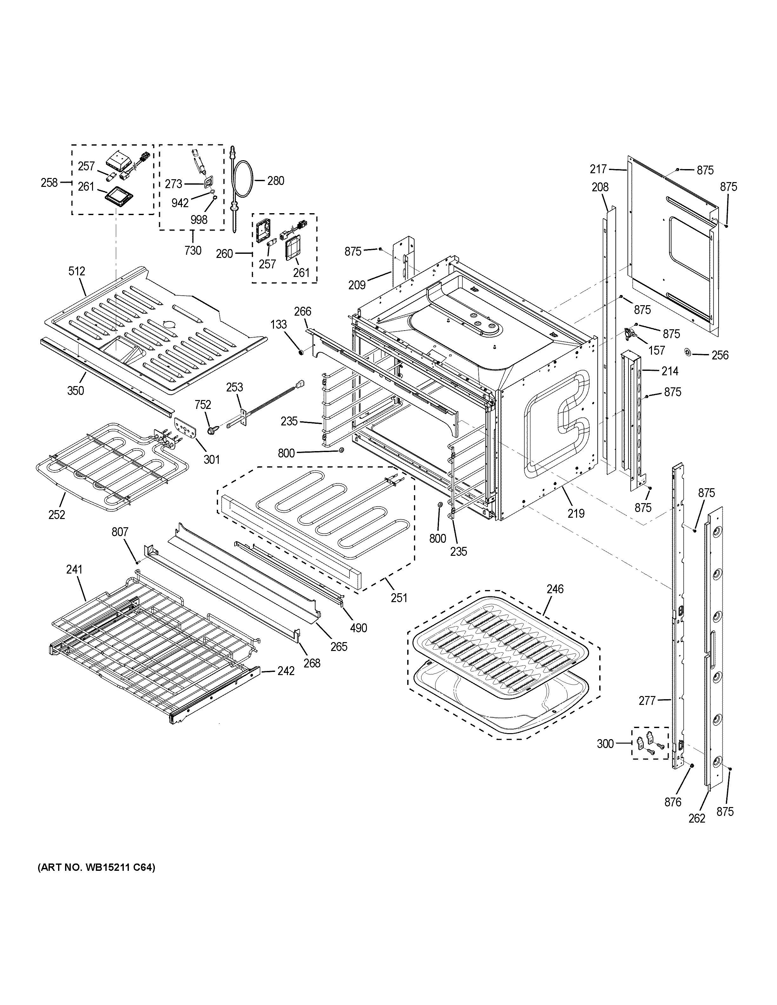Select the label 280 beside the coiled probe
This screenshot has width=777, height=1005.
click(x=276, y=181)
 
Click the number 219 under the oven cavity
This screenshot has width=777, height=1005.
click(x=576, y=513)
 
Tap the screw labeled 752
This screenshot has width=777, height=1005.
click(x=213, y=430)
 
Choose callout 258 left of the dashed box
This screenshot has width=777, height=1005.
click(x=49, y=183)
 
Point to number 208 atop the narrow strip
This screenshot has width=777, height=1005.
click(x=600, y=187)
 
